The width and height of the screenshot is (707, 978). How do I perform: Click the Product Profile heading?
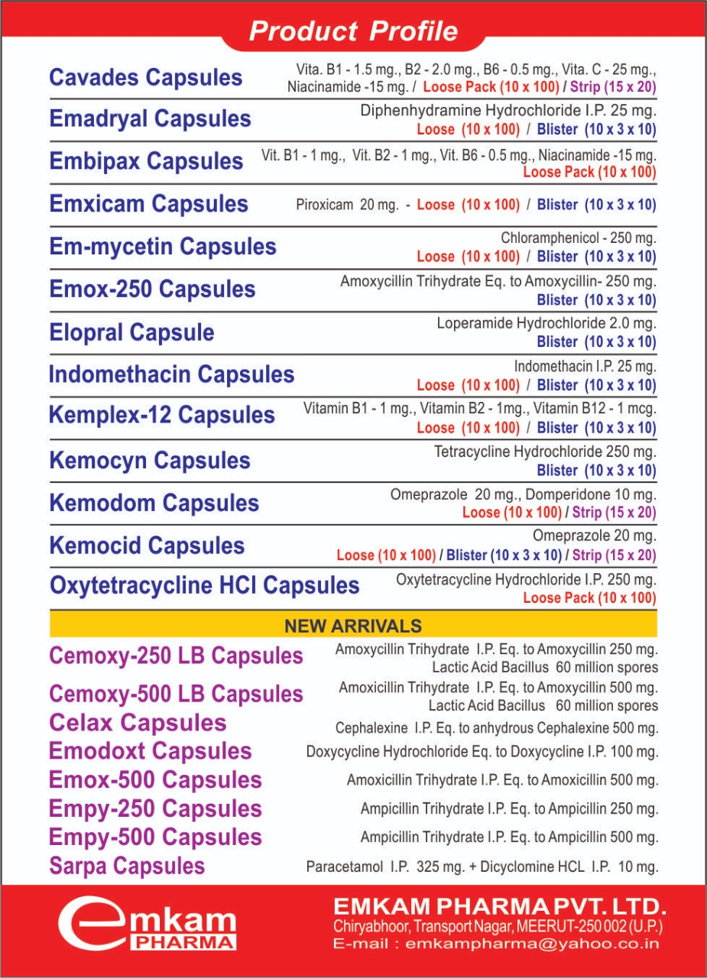(x=353, y=31)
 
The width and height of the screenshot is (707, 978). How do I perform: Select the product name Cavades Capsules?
(x=145, y=77)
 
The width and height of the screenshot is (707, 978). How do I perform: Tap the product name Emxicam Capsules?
(x=148, y=204)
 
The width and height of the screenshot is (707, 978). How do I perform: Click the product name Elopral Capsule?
(x=131, y=332)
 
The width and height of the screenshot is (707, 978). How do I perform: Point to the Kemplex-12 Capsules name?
(x=161, y=416)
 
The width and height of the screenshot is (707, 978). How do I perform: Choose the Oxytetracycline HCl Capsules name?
(x=204, y=586)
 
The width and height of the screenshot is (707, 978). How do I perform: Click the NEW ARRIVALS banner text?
(x=353, y=627)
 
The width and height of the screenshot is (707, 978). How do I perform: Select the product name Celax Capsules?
(x=138, y=723)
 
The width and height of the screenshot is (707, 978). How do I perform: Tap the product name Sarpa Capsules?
(x=127, y=866)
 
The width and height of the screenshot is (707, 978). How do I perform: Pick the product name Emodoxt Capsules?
(x=150, y=751)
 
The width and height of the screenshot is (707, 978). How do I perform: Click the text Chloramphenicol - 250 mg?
(x=579, y=238)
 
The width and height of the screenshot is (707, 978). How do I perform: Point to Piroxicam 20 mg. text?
(x=347, y=205)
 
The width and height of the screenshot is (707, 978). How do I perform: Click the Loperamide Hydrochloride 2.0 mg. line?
(x=546, y=324)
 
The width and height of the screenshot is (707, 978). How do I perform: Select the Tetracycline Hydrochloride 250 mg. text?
(x=545, y=452)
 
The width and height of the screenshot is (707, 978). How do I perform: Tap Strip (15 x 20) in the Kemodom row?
(x=614, y=513)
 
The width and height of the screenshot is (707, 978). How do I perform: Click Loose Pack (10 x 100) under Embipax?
(x=589, y=173)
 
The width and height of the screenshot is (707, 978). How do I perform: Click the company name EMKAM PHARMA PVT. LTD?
(x=500, y=908)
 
